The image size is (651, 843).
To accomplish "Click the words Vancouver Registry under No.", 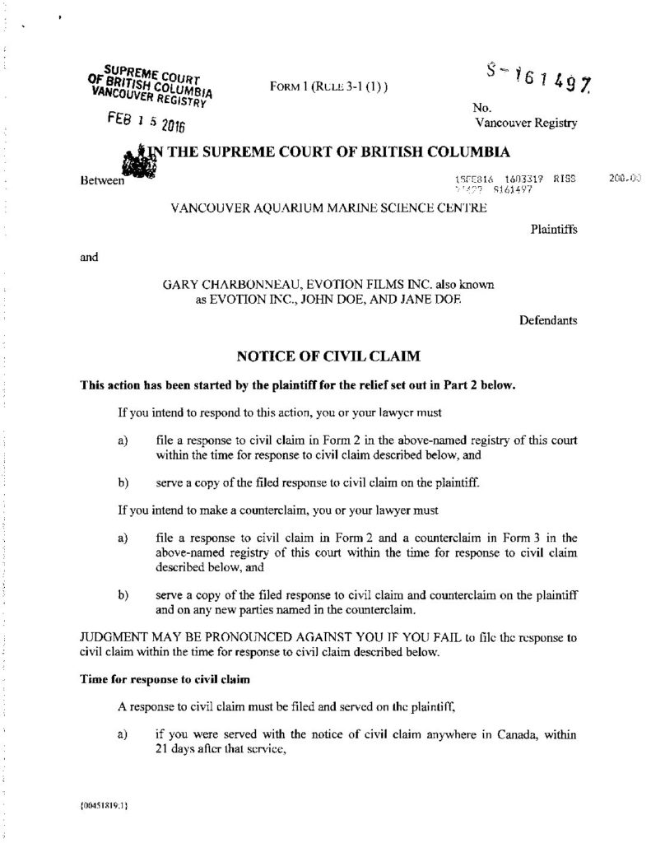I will click(x=524, y=123).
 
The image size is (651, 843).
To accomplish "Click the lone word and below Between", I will click(x=89, y=257).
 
